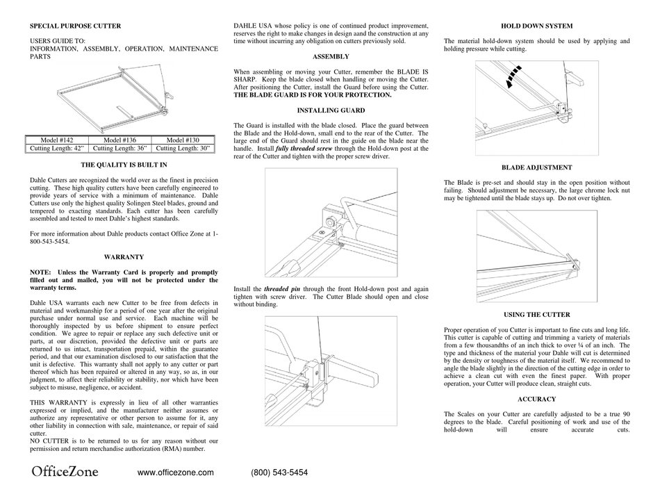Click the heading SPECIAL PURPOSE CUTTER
(x=76, y=26)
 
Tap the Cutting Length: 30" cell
(x=186, y=148)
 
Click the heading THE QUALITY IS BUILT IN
(x=124, y=165)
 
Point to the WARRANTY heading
(x=124, y=256)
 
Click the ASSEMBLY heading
(x=331, y=56)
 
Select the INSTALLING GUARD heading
(x=331, y=110)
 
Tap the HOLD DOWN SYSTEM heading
(x=536, y=26)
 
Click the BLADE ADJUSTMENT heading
(x=536, y=167)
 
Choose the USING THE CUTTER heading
(x=536, y=314)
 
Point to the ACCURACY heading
(x=536, y=399)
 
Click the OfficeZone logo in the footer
(x=65, y=473)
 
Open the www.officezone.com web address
(x=176, y=473)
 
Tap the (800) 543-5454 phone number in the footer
(x=279, y=473)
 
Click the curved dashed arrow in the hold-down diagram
(x=515, y=76)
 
